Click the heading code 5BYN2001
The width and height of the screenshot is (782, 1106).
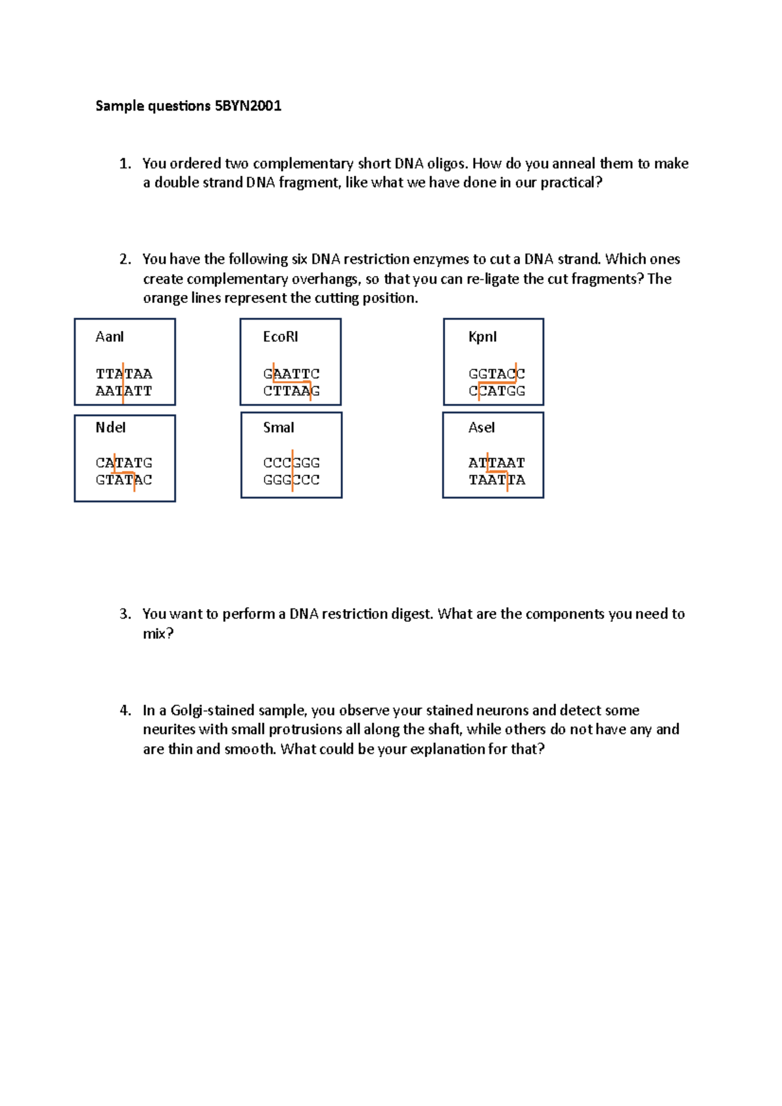pyautogui.click(x=248, y=106)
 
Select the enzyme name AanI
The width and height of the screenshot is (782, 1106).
pyautogui.click(x=109, y=337)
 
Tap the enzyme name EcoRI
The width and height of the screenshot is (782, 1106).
pyautogui.click(x=280, y=337)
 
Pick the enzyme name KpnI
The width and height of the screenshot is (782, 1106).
pyautogui.click(x=482, y=337)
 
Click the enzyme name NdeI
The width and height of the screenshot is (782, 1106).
pyautogui.click(x=110, y=427)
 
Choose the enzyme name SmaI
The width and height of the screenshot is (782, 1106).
pyautogui.click(x=278, y=427)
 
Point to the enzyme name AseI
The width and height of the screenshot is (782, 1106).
pyautogui.click(x=482, y=427)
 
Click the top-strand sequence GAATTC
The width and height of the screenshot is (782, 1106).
pyautogui.click(x=291, y=374)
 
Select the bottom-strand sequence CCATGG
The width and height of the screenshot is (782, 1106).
pyautogui.click(x=497, y=391)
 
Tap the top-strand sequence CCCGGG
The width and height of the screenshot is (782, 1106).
pyautogui.click(x=291, y=462)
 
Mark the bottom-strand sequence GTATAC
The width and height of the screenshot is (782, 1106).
pyautogui.click(x=124, y=479)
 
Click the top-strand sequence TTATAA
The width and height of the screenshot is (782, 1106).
pyautogui.click(x=124, y=374)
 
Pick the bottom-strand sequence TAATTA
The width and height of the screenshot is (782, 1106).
pyautogui.click(x=497, y=479)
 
